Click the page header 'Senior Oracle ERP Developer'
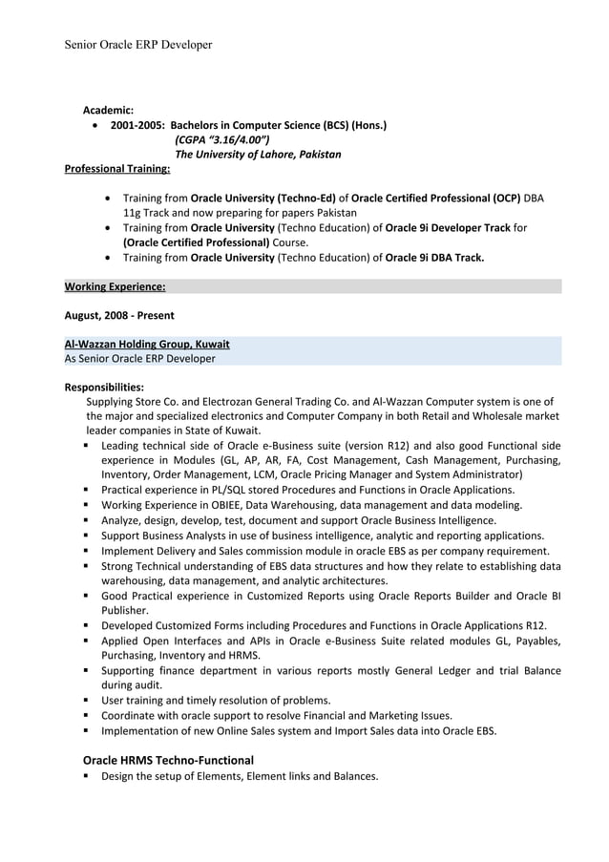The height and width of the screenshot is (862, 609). point(137,45)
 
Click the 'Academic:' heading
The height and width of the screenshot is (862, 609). point(108,111)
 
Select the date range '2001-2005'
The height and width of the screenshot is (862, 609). point(136,125)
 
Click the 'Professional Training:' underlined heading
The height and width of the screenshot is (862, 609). point(116,169)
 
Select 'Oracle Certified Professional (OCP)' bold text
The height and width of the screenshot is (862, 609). point(435,198)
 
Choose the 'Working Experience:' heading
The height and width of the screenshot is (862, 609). point(115,286)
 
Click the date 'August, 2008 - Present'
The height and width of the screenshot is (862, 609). point(118,315)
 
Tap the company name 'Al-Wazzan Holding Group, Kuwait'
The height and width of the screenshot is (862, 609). point(146,344)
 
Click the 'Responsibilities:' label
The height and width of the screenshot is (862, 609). point(104,388)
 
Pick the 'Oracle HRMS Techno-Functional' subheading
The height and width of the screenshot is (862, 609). point(168,760)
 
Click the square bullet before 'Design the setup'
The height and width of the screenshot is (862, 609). point(87,776)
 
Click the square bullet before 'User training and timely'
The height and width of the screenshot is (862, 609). point(87,700)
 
